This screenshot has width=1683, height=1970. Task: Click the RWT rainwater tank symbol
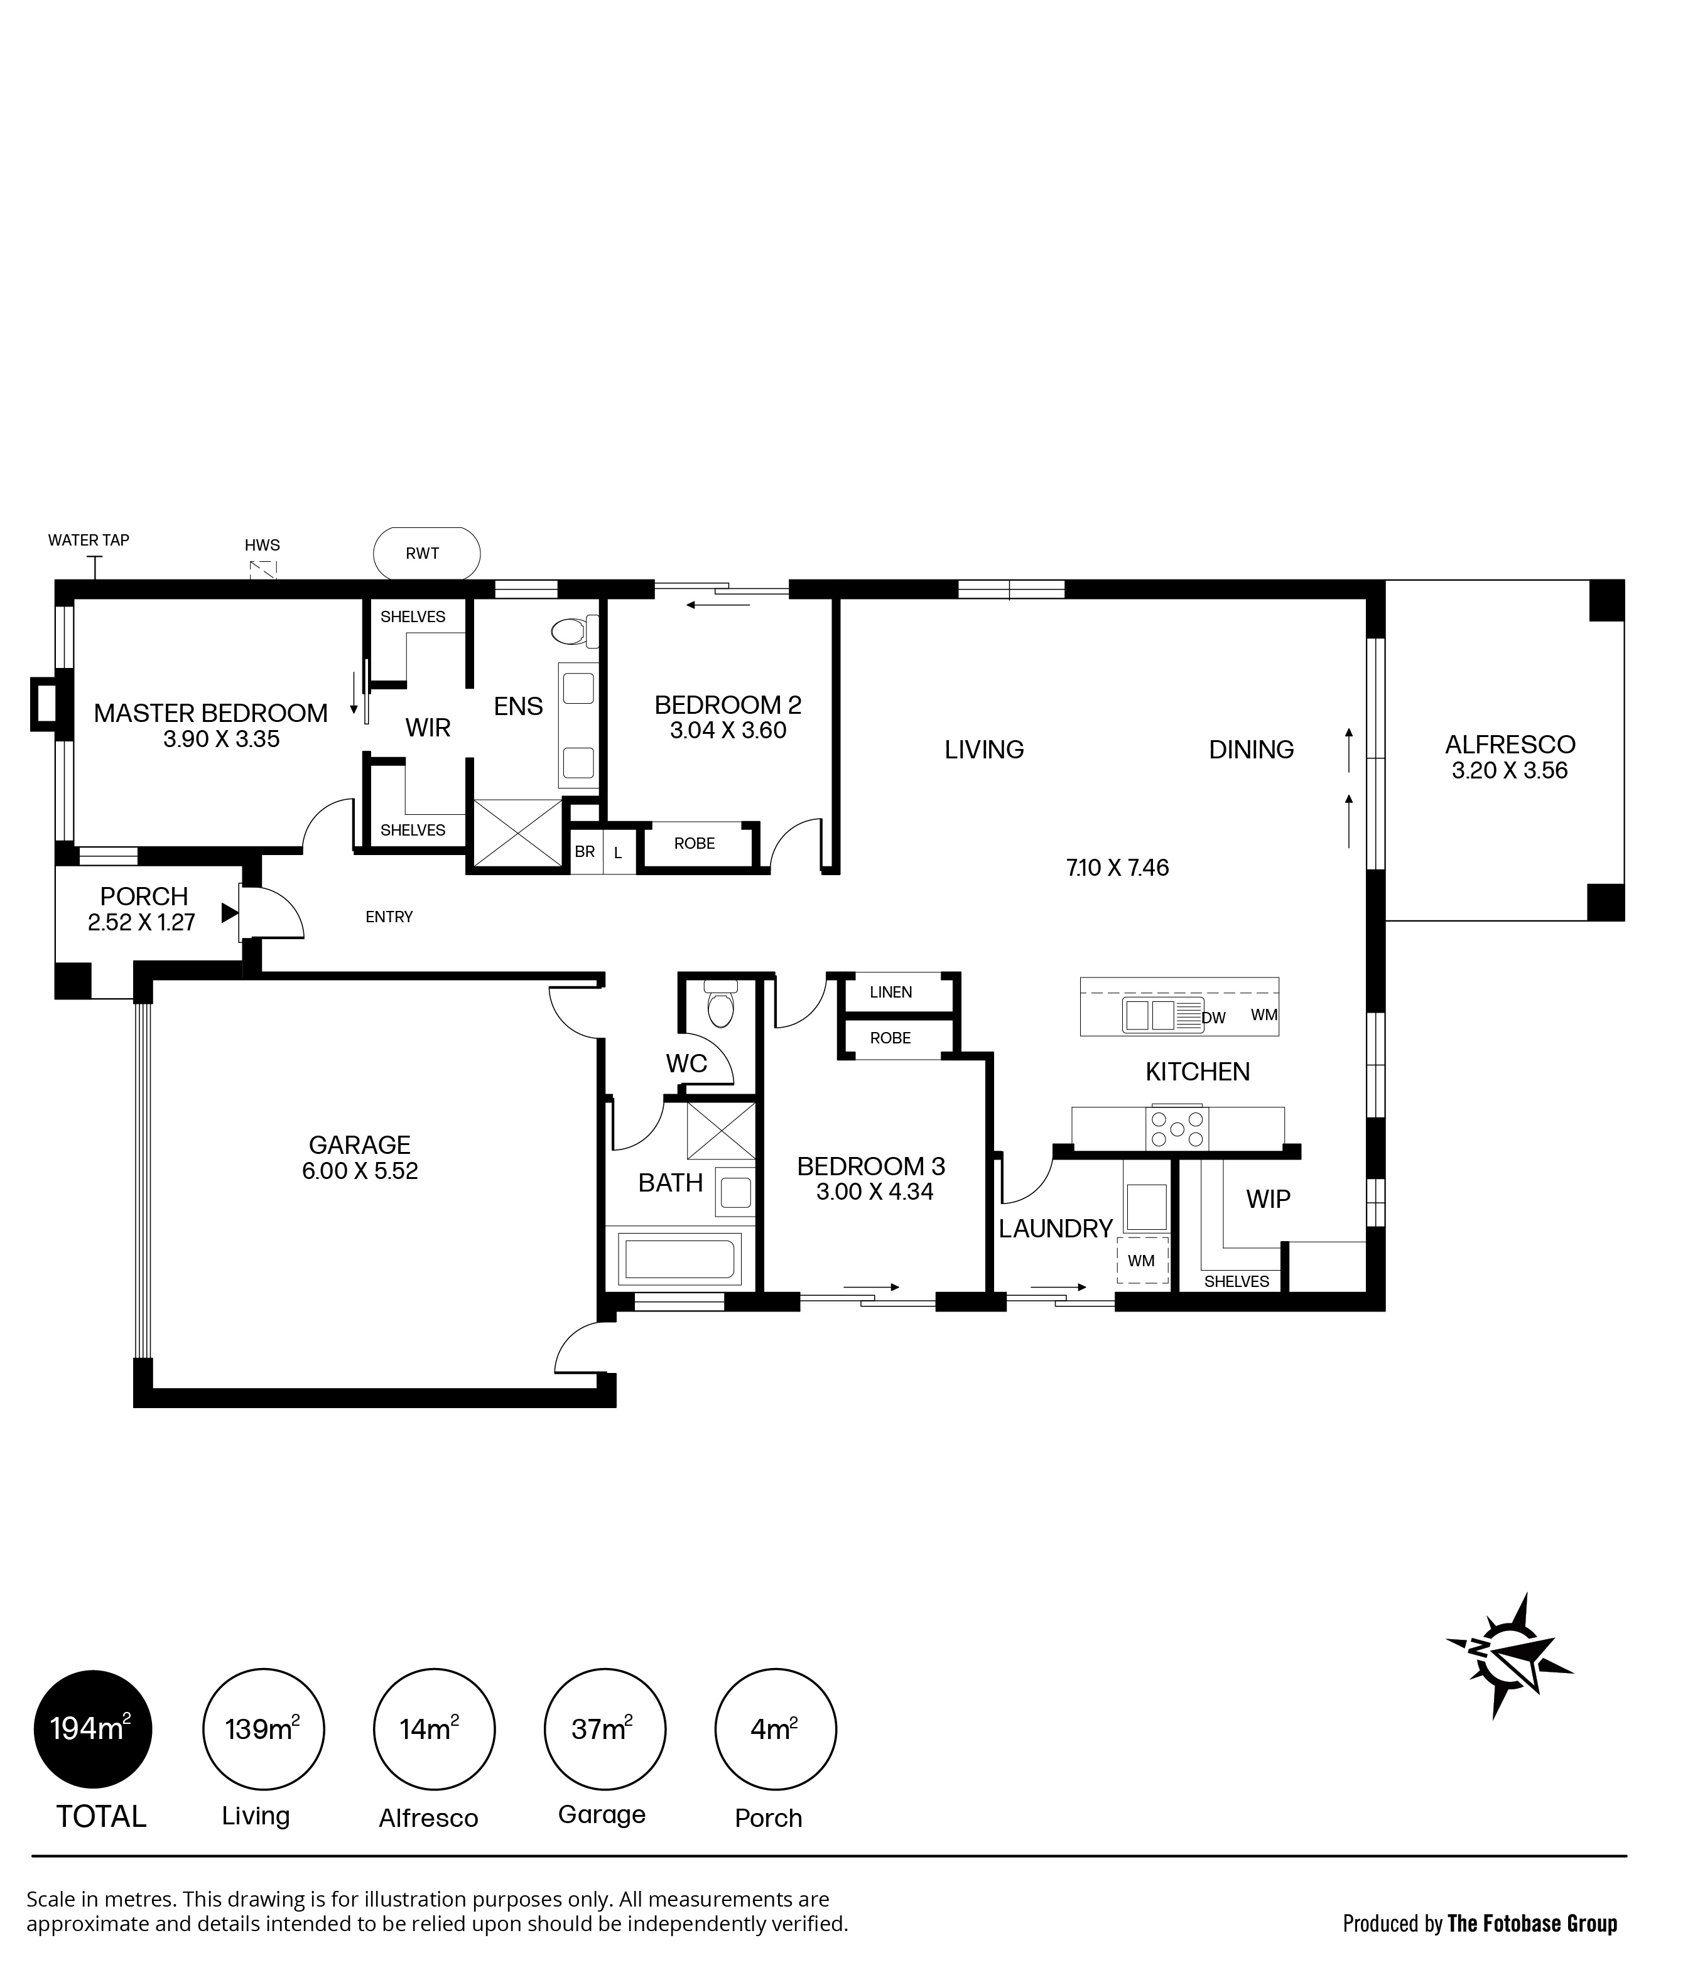426,553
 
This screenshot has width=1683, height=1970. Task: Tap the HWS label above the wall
262,545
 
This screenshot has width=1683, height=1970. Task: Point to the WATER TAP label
89,540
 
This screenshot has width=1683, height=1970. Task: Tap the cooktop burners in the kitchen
1177,1129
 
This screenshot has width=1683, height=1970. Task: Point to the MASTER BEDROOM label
210,713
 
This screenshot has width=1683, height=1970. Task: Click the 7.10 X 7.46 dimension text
1117,867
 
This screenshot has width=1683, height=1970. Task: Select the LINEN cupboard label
891,993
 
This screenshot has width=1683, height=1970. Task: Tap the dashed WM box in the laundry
1142,1261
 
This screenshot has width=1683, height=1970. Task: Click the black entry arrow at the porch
229,913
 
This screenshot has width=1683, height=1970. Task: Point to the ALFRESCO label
1510,745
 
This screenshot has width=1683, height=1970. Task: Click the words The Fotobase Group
1532,1924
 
